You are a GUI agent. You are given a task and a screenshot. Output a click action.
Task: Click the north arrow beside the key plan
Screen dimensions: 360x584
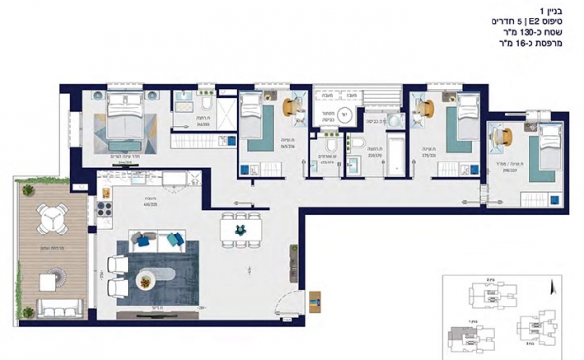[x=553, y=287]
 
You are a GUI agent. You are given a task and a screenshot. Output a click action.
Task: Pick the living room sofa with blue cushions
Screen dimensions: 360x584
[x=154, y=239]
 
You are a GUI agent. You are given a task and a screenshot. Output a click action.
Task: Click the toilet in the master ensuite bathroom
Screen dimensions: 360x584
[x=206, y=105]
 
